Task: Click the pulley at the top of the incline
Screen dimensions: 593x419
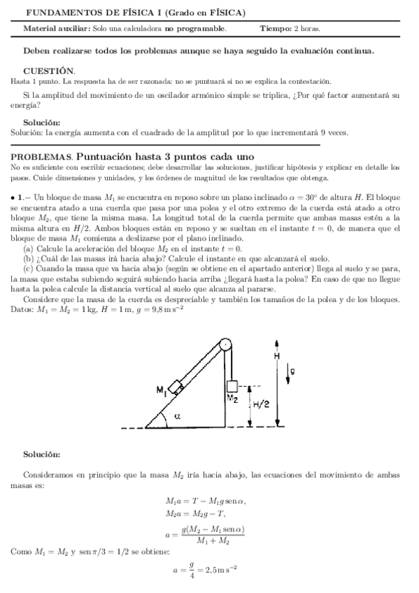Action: pos(225,345)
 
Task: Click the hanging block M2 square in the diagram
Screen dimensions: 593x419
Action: pos(233,386)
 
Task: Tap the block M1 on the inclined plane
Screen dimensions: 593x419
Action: pos(177,385)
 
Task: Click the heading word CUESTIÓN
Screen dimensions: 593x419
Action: pos(50,71)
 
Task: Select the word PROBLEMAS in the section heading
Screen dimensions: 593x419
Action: pos(41,157)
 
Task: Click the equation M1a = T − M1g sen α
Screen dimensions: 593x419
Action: pos(206,501)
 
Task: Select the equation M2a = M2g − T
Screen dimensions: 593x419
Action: pos(195,515)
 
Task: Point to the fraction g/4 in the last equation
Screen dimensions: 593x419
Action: pos(186,569)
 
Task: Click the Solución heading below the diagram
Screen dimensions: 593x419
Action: pos(41,455)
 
